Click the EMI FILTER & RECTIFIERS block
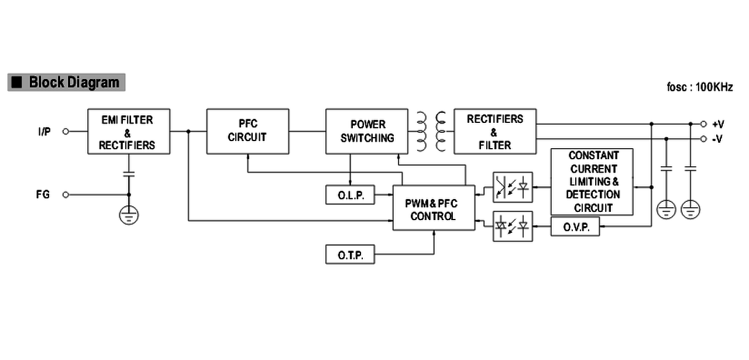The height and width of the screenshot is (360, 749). (x=129, y=132)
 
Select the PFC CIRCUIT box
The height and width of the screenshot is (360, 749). (x=248, y=132)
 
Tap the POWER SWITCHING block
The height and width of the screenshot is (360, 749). (x=367, y=132)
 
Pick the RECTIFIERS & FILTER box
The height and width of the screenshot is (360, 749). (x=495, y=132)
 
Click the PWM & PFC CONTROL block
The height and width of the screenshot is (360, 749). (x=434, y=208)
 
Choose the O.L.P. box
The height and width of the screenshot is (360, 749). (x=350, y=195)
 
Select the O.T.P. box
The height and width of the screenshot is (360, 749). (x=350, y=254)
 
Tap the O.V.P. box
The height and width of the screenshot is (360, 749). (x=575, y=227)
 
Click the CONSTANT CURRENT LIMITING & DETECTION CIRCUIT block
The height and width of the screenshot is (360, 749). (x=592, y=181)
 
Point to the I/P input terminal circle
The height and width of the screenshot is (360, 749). (x=66, y=132)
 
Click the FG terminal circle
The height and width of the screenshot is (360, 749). (x=66, y=195)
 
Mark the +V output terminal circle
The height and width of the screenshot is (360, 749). (x=703, y=124)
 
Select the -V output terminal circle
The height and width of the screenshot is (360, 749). (x=703, y=139)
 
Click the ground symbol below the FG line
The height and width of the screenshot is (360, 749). (x=129, y=215)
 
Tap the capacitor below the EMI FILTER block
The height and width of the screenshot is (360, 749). (x=129, y=174)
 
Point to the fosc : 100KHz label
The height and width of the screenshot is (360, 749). (x=700, y=87)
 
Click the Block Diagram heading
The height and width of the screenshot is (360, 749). (x=67, y=83)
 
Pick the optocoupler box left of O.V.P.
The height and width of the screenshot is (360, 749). (x=513, y=226)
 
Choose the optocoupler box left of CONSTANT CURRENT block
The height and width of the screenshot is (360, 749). (x=513, y=187)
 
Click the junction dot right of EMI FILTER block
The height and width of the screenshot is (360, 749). (x=188, y=132)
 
